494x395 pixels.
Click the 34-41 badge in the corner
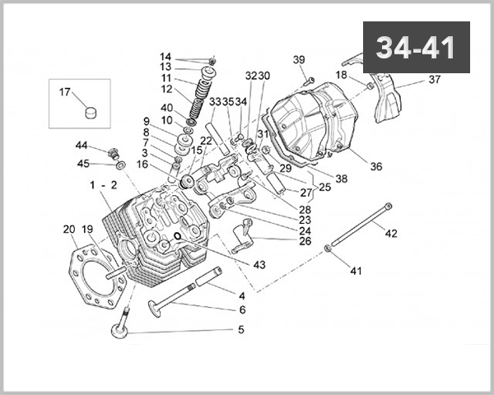coord(416,48)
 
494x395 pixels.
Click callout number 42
coord(391,234)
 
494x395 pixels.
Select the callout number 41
coord(356,271)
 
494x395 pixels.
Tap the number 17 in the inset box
coord(65,92)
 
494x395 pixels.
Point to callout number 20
coord(69,229)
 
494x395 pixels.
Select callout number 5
coord(241,330)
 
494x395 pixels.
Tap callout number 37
coord(435,80)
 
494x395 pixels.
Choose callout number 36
coord(375,166)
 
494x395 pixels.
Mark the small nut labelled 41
coord(329,247)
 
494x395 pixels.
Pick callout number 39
coord(299,59)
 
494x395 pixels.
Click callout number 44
coord(82,145)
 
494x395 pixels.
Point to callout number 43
coord(259,264)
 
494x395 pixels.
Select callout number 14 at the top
coord(165,56)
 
